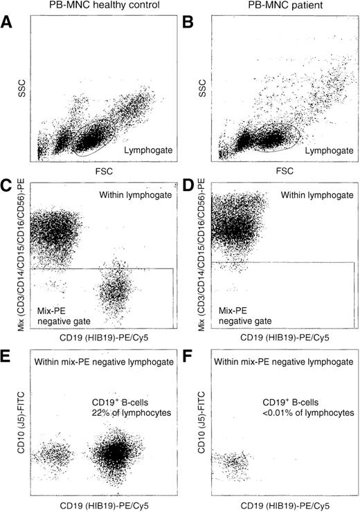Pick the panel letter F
pyautogui.click(x=190, y=354)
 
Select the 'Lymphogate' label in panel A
pyautogui.click(x=147, y=148)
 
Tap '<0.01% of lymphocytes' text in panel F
pyautogui.click(x=308, y=412)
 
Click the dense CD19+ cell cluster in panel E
pyautogui.click(x=112, y=453)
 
